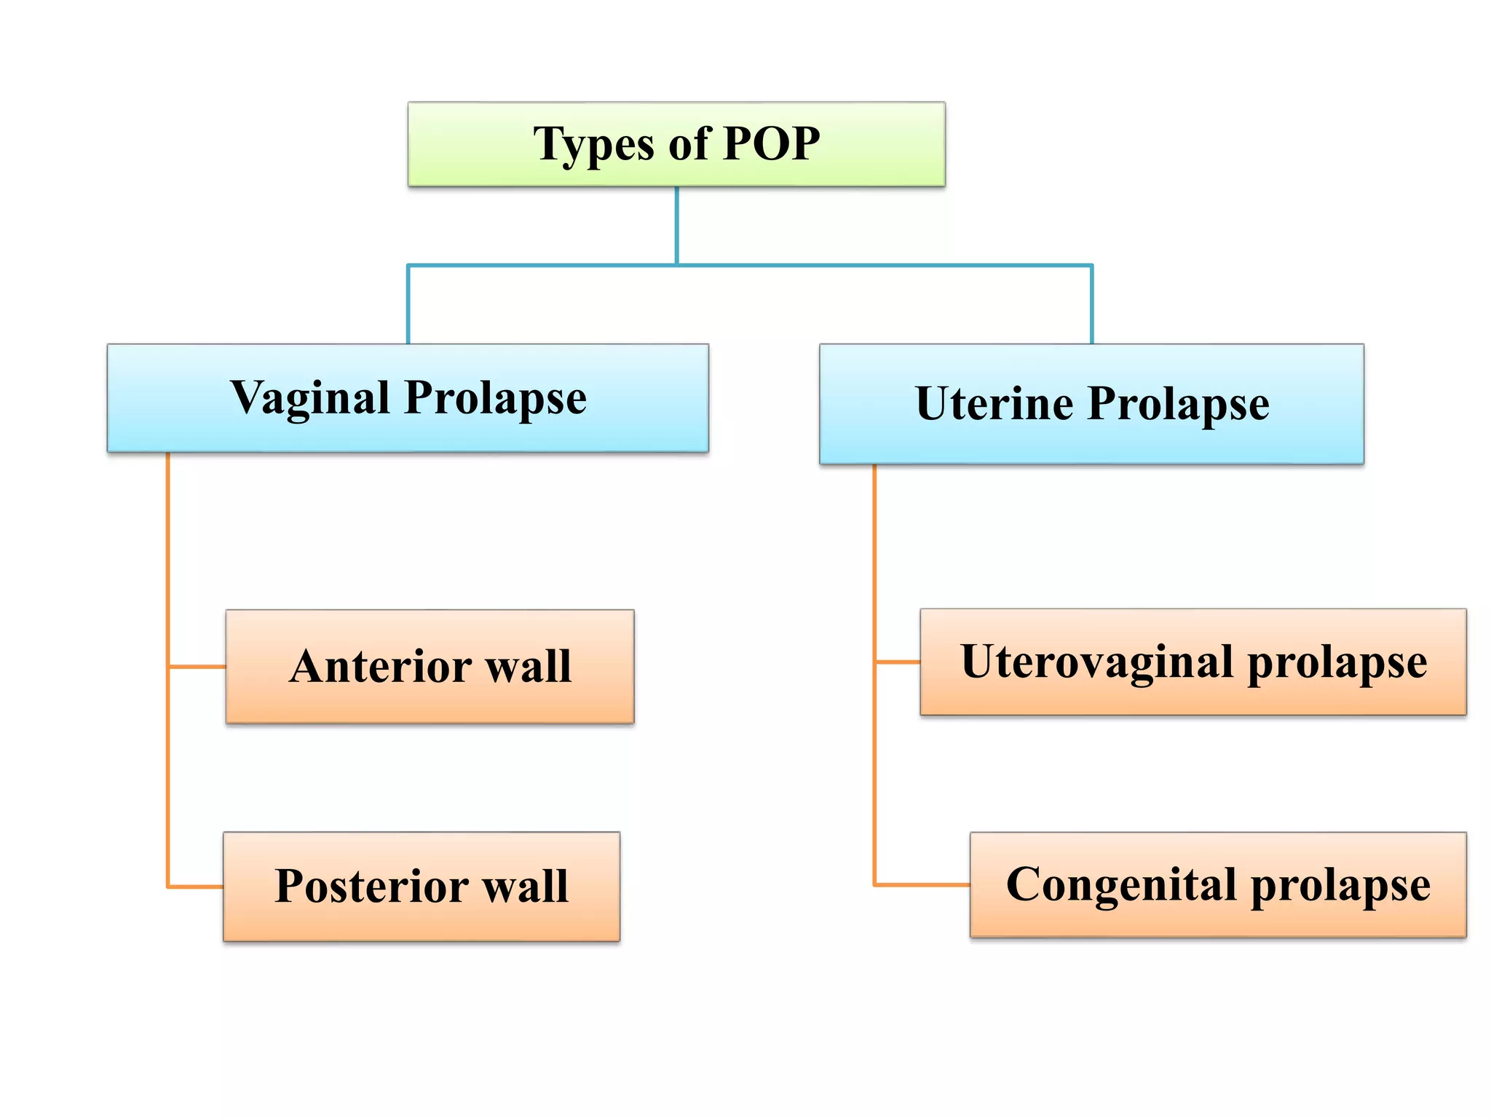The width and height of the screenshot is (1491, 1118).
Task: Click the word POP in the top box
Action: [771, 143]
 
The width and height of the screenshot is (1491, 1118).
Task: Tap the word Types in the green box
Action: [593, 145]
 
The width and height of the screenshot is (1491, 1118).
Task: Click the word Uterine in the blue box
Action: [994, 403]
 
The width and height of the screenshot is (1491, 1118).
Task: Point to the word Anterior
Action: [379, 666]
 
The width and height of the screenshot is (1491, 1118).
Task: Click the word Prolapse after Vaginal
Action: [495, 398]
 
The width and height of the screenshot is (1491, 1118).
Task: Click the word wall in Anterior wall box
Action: [529, 666]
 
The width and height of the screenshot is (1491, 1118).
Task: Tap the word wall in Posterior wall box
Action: [526, 887]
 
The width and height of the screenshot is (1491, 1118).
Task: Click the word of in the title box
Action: [689, 143]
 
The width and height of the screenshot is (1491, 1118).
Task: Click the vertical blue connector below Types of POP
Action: [676, 226]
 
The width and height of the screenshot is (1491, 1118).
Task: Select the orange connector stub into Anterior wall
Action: [197, 666]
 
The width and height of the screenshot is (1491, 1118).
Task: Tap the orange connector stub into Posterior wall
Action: [195, 887]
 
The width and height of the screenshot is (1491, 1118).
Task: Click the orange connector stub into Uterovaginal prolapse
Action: [897, 662]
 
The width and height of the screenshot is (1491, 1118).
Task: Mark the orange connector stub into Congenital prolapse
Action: [922, 885]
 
